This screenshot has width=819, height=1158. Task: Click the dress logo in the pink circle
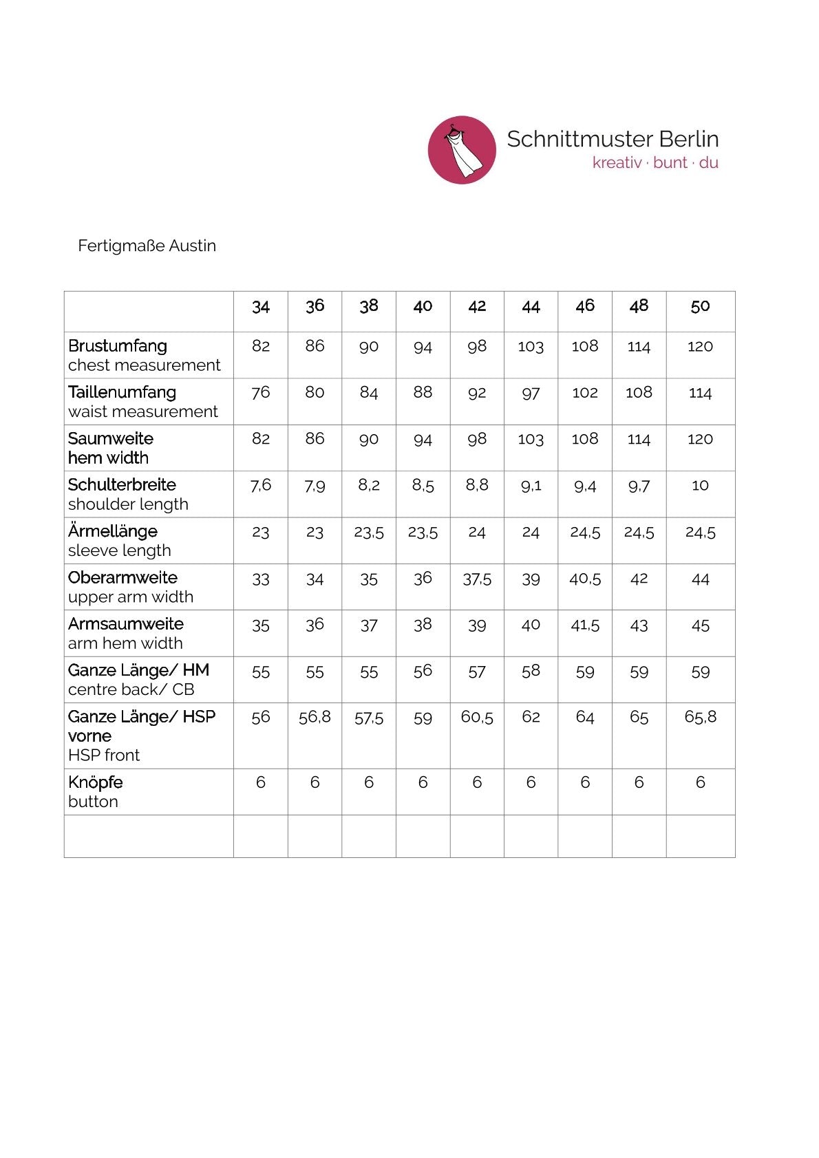(x=462, y=149)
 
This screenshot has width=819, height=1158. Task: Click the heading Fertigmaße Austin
(x=147, y=246)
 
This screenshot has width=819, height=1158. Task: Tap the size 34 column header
(x=261, y=306)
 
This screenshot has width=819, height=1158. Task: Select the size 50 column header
(x=700, y=306)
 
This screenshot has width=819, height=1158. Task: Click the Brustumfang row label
(x=118, y=346)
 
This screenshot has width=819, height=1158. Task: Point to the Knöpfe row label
(x=96, y=782)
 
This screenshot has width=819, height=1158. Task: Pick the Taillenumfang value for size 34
(x=261, y=392)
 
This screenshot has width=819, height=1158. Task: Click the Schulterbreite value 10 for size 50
(x=700, y=486)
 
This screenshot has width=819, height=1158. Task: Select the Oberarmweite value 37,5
(x=477, y=579)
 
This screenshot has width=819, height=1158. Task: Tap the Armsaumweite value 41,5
(x=585, y=625)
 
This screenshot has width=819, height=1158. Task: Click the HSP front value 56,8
(x=315, y=718)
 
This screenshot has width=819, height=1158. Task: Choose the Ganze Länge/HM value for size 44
(x=531, y=672)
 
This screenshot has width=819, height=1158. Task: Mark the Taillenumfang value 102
(x=585, y=392)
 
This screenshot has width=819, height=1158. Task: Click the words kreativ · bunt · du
(x=655, y=163)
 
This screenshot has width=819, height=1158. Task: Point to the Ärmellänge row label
(x=113, y=531)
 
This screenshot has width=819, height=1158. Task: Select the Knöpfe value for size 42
(x=477, y=782)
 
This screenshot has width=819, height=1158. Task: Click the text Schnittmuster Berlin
(x=613, y=139)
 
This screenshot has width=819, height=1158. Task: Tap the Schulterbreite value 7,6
(x=261, y=486)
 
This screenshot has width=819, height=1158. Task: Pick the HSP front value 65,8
(x=700, y=718)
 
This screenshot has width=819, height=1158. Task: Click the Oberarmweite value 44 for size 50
(x=700, y=579)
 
